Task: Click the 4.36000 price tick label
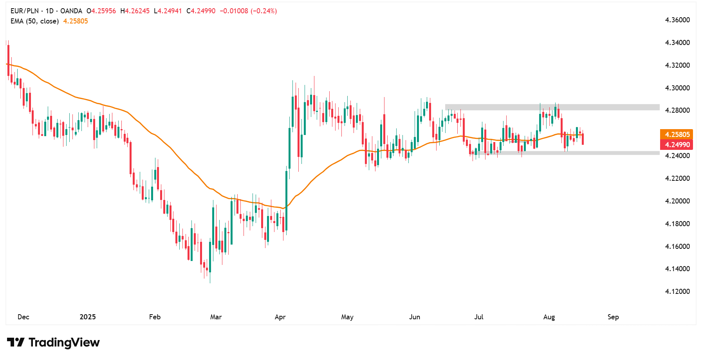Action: (677, 20)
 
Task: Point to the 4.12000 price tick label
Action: (677, 292)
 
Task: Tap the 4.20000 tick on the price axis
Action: (677, 201)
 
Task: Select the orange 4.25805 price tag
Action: (677, 135)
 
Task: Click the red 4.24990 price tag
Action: (677, 145)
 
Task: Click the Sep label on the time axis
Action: (613, 317)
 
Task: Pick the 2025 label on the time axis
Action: (88, 317)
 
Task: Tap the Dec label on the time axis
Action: (23, 317)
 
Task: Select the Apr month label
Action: (280, 317)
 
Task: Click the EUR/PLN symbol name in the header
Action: (24, 11)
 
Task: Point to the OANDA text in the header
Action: (71, 11)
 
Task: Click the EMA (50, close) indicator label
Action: (34, 21)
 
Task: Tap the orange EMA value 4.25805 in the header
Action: (76, 21)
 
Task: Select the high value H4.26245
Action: (135, 11)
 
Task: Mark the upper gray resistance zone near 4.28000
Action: (552, 107)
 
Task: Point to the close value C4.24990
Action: (201, 11)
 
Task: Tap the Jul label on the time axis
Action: (479, 317)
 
